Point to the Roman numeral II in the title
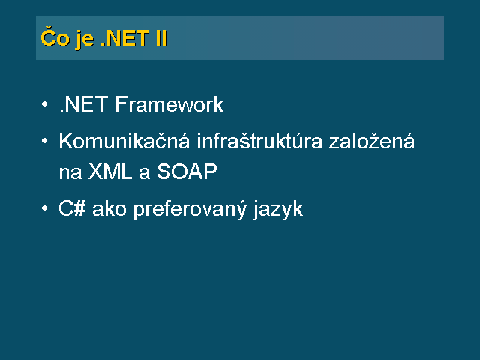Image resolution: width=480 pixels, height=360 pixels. point(161,38)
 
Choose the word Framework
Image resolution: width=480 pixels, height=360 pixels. point(169,104)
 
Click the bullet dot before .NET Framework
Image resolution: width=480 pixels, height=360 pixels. point(45,104)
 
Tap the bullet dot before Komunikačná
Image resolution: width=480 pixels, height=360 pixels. point(45,141)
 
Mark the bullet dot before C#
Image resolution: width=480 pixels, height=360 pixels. point(45,208)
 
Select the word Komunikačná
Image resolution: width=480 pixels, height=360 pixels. point(124,140)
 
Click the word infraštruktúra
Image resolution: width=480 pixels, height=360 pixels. point(259,140)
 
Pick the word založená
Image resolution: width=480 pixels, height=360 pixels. point(372,140)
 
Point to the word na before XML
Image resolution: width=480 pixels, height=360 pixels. point(70,172)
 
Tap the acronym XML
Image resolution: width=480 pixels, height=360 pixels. point(110,171)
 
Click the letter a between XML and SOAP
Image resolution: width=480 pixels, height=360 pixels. point(144,173)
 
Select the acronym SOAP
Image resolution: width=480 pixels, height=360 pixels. point(187,171)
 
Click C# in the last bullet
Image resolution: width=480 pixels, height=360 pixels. point(72,208)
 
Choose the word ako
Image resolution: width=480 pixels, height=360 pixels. point(109,208)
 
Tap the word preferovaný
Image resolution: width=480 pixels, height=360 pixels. point(190,210)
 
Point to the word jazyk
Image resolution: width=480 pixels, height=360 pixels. point(278,211)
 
